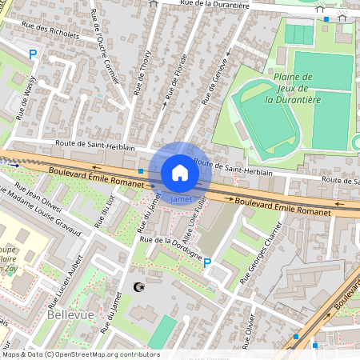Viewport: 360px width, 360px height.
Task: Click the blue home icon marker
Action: [180, 172]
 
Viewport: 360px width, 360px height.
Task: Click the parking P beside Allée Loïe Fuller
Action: [207, 262]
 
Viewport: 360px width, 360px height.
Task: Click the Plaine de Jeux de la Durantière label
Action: [294, 88]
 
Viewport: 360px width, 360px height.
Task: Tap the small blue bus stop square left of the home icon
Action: [141, 171]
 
